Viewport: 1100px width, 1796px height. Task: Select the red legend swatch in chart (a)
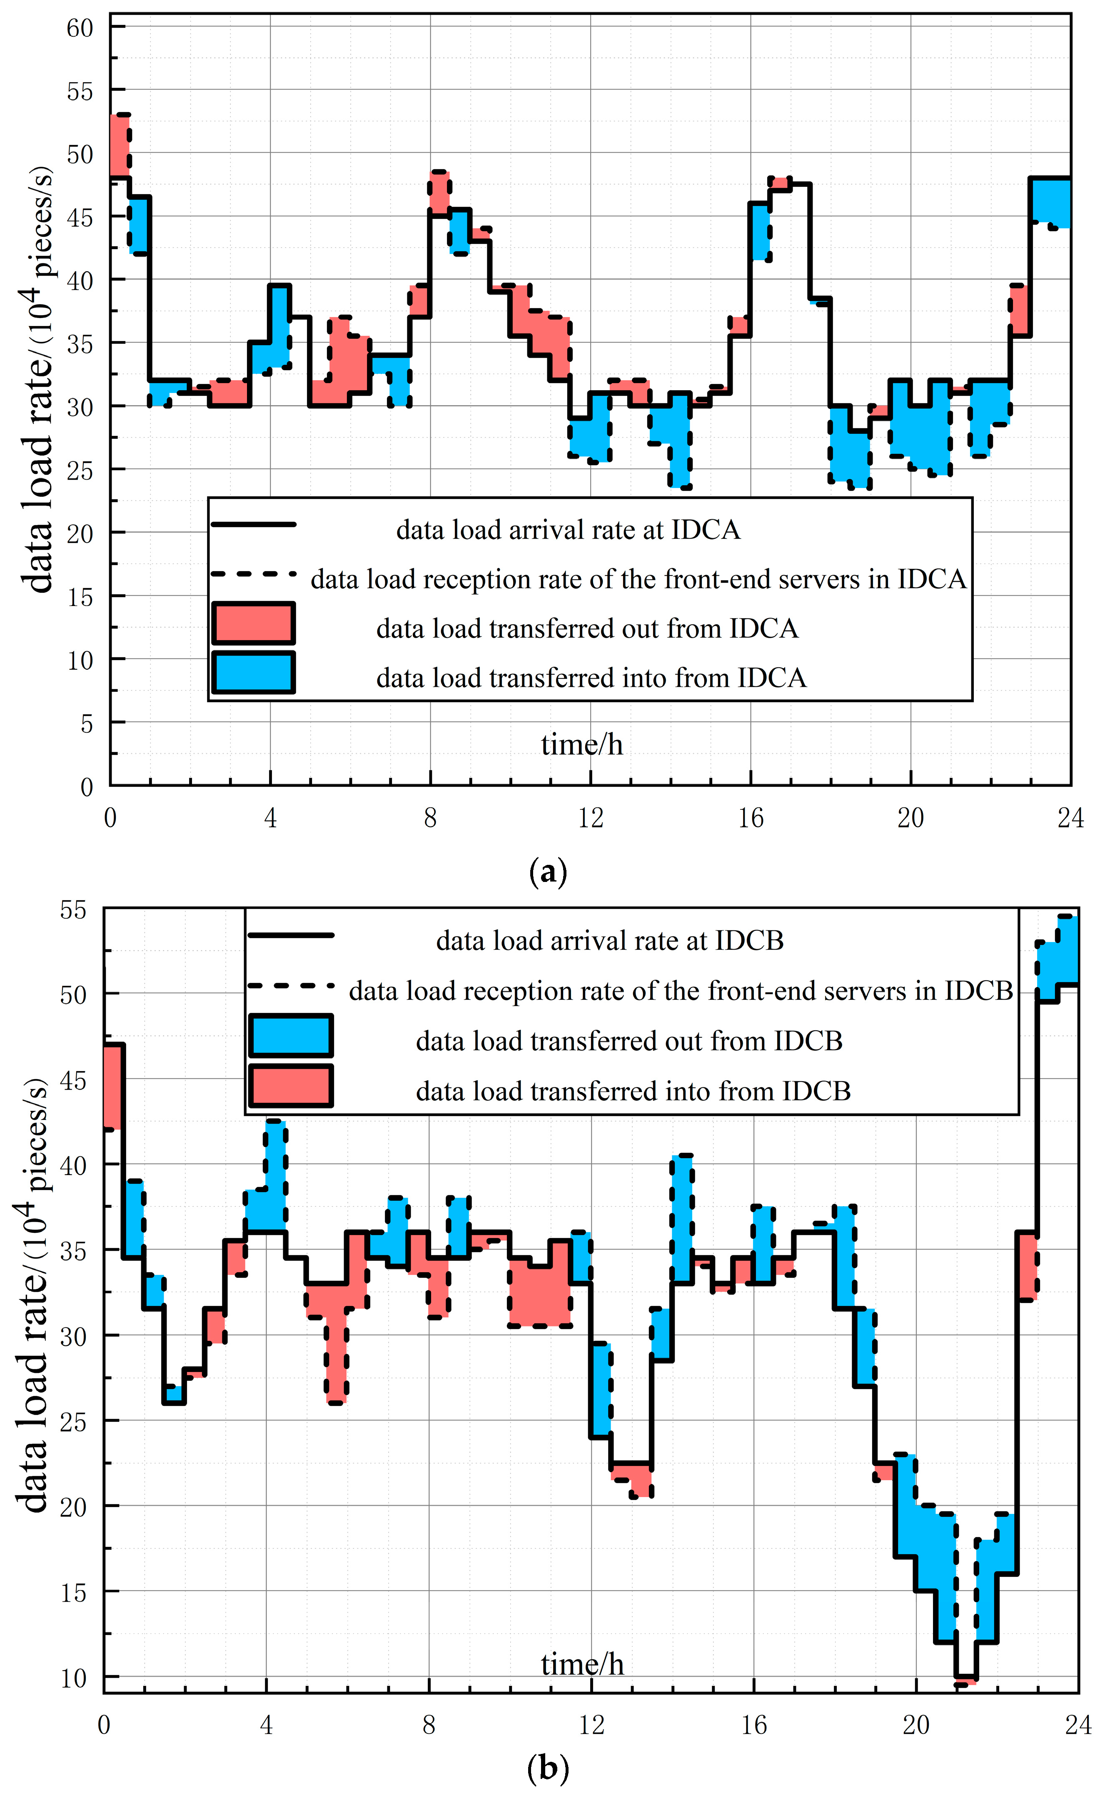[254, 623]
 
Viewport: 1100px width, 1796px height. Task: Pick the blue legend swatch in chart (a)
[254, 672]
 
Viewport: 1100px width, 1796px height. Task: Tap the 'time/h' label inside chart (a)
[582, 745]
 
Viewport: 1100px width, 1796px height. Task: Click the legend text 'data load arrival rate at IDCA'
[568, 530]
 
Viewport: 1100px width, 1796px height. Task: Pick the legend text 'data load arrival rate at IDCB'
[610, 941]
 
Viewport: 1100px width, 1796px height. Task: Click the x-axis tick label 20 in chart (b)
[916, 1725]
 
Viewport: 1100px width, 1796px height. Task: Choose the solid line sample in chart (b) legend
[291, 935]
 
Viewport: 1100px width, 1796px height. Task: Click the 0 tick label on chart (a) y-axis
[87, 787]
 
